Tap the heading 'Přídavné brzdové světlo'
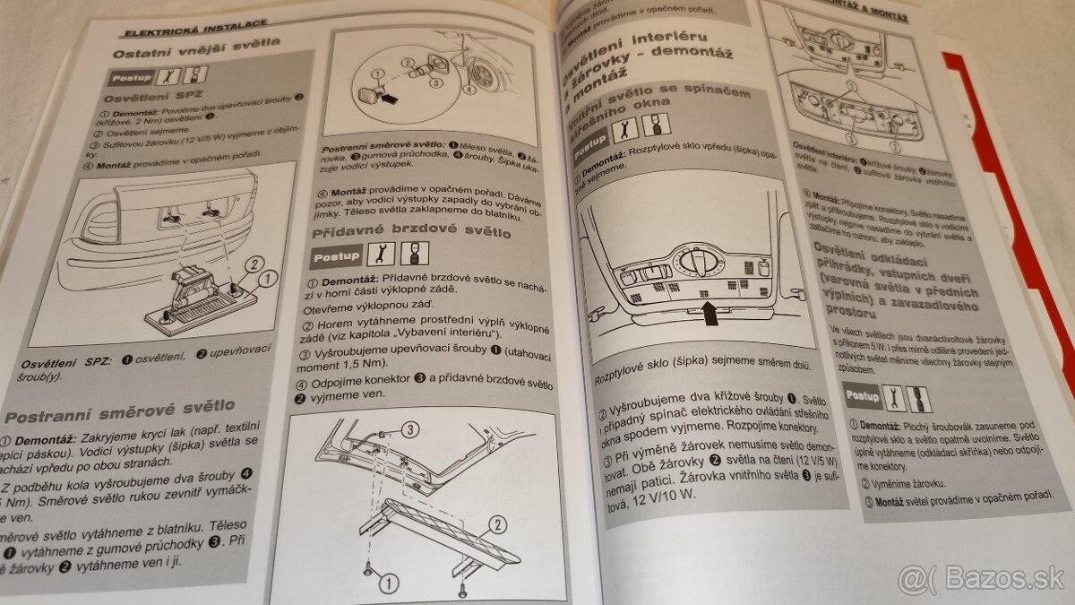click(411, 231)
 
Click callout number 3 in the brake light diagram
click(409, 428)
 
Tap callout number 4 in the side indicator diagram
click(469, 90)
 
